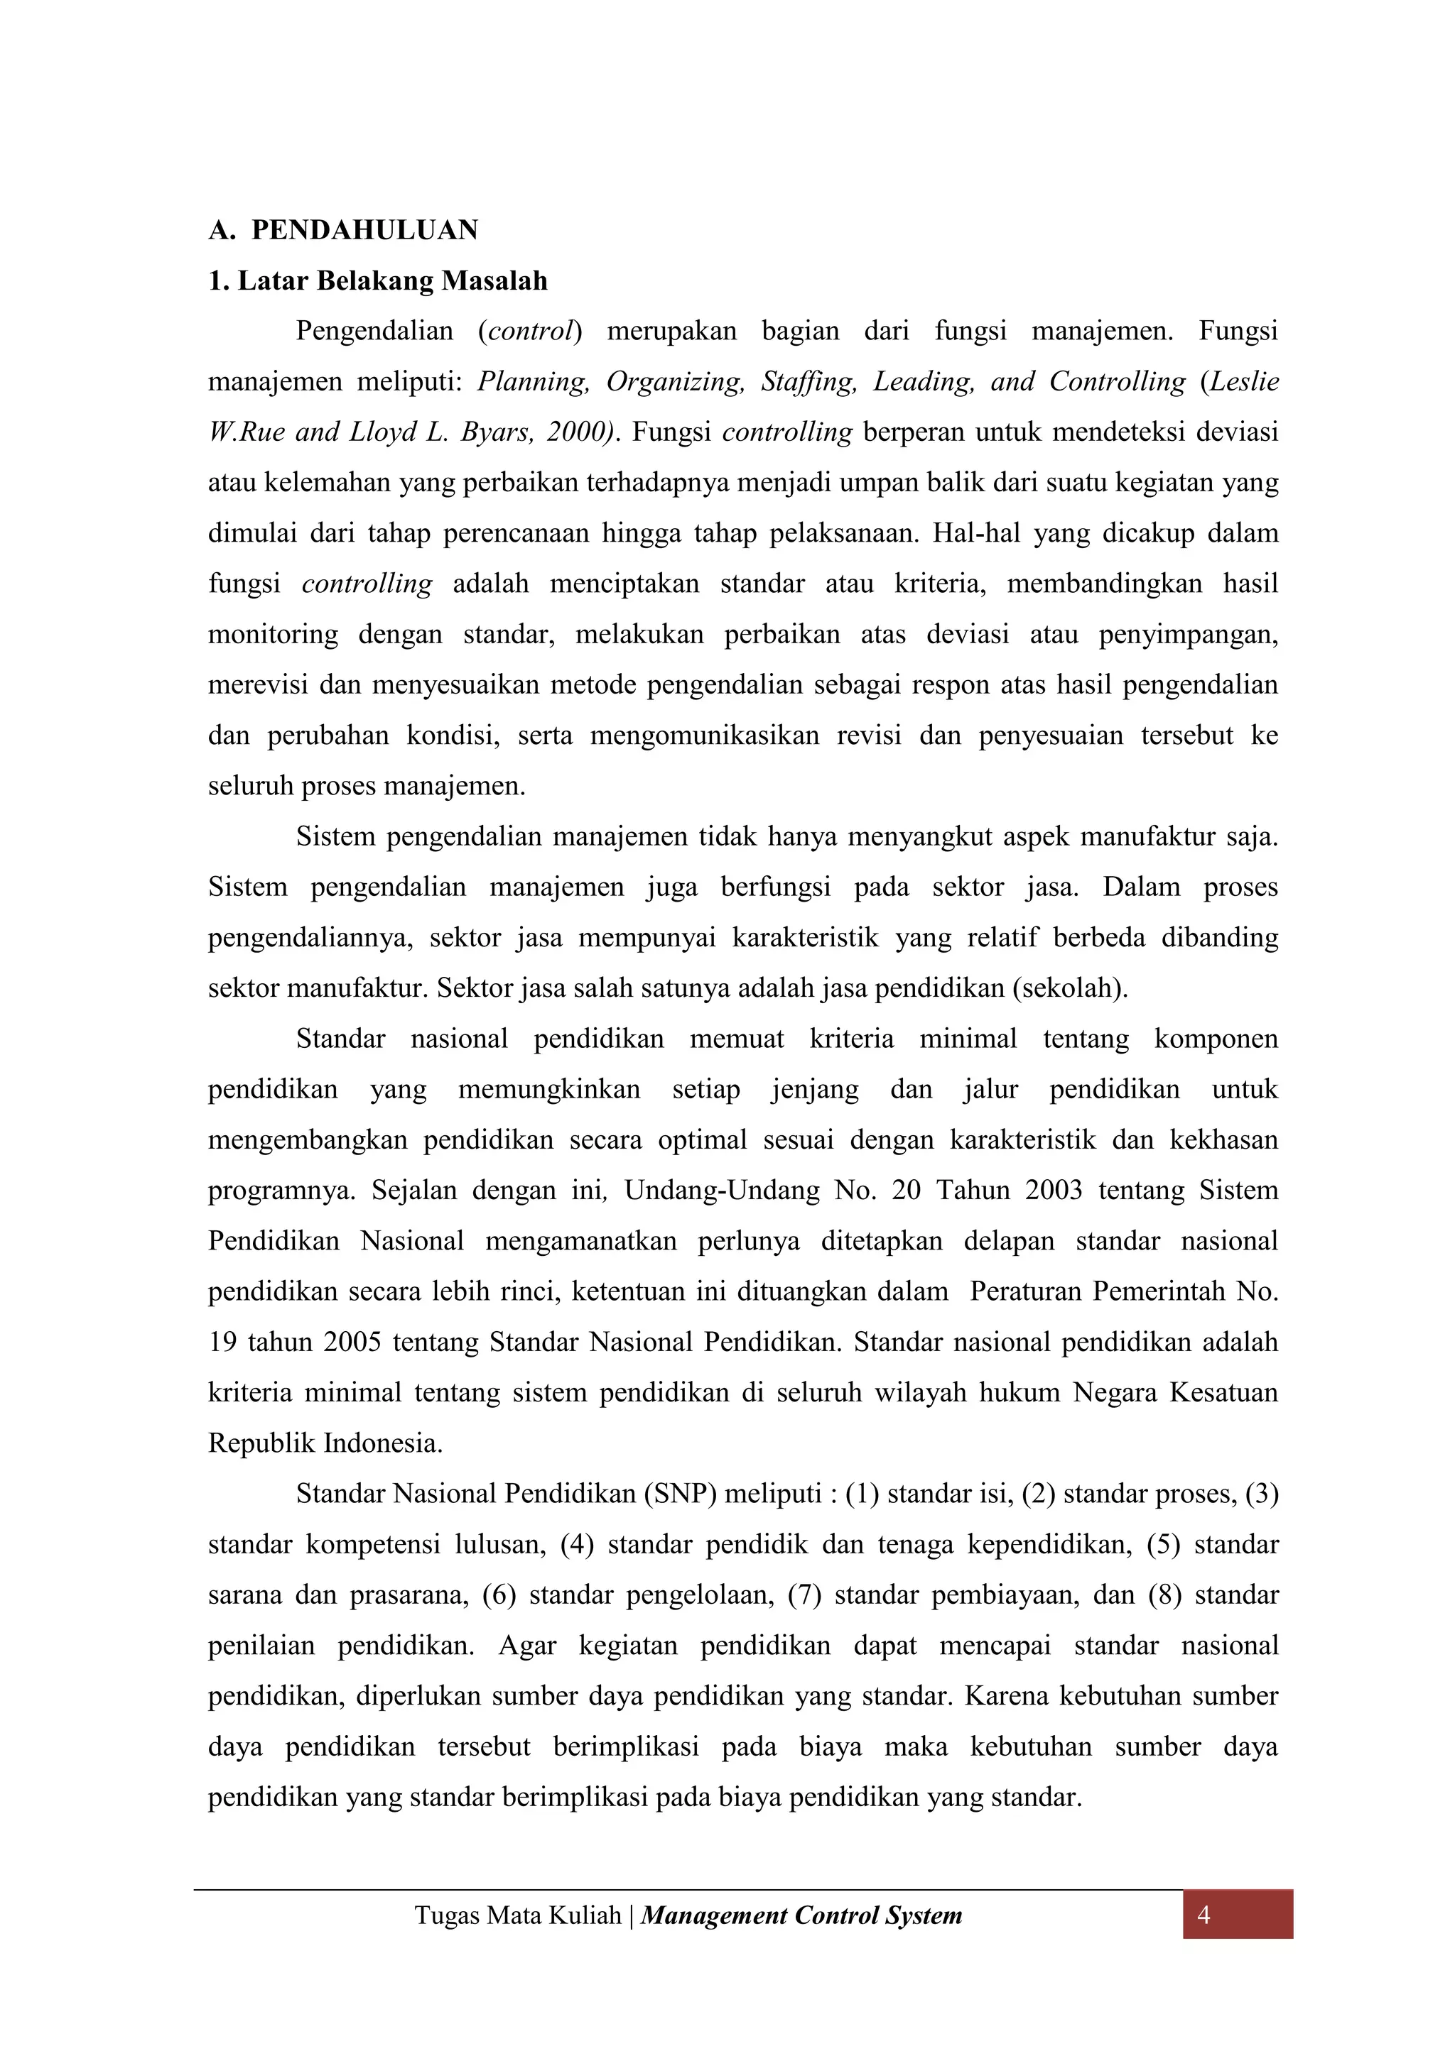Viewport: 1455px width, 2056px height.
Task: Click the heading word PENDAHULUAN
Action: click(x=364, y=230)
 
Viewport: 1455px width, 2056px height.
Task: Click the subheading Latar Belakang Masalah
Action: click(x=391, y=281)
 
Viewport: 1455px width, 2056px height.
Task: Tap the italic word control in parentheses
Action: click(x=529, y=332)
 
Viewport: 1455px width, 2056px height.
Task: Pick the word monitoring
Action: click(x=274, y=635)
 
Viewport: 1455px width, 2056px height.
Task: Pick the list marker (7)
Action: click(x=804, y=1596)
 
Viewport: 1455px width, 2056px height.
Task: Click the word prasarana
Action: click(x=409, y=1596)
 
